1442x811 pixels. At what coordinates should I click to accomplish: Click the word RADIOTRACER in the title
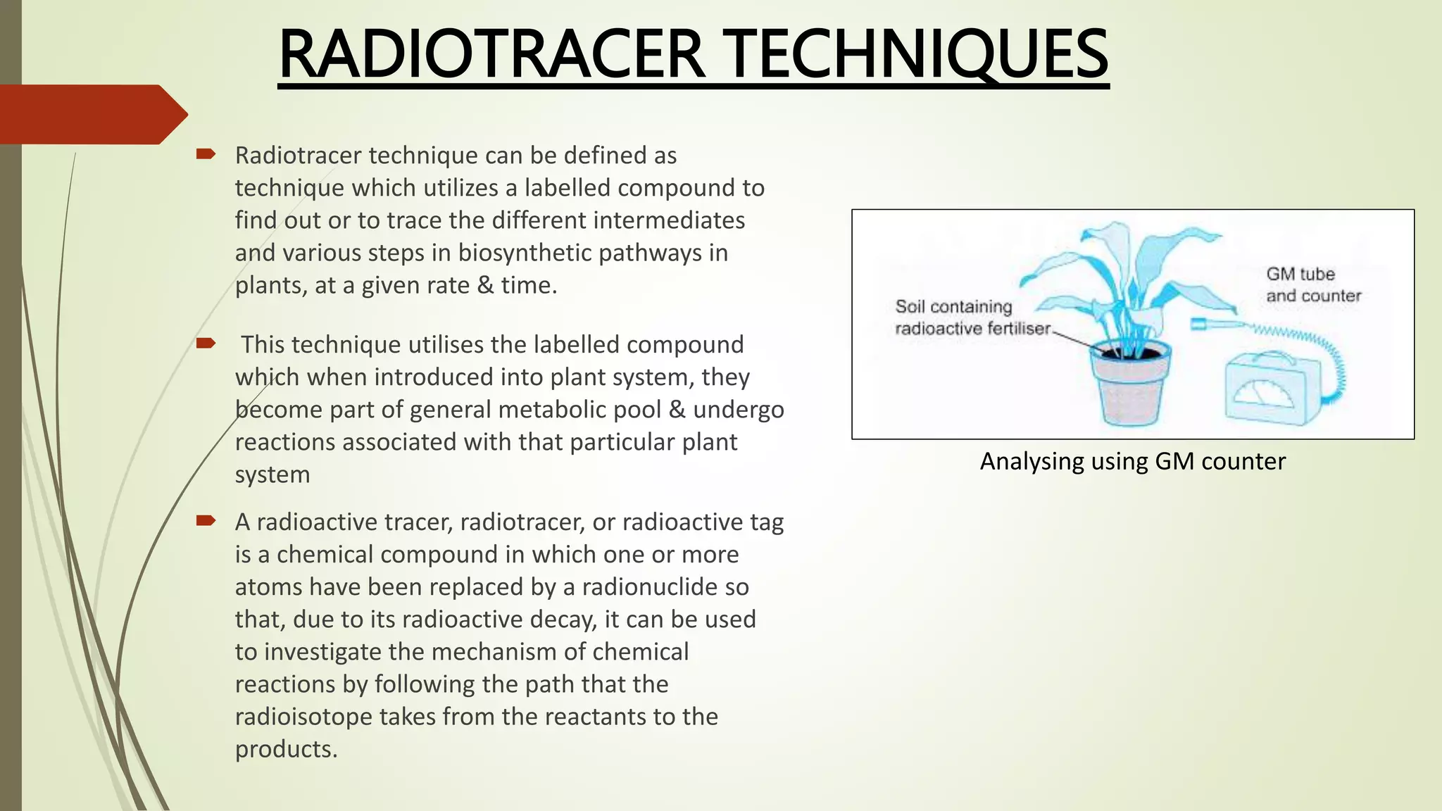point(491,55)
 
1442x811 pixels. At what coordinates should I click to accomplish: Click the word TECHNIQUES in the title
point(915,55)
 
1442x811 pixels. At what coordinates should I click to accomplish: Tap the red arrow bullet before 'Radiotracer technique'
point(206,153)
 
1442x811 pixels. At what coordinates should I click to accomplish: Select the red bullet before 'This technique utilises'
point(206,344)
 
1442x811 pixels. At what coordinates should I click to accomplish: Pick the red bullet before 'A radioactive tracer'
point(206,521)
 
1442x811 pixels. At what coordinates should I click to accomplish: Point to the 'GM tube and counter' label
point(1313,284)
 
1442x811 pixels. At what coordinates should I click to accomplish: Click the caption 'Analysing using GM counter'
point(1132,461)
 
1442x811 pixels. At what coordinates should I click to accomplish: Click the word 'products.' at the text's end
point(286,748)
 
